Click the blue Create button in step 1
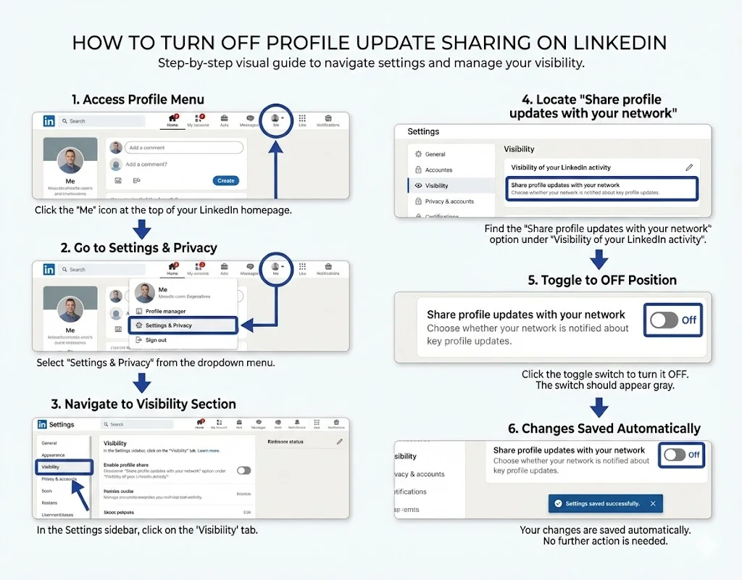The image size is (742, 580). (x=225, y=181)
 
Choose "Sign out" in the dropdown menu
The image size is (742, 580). (x=156, y=340)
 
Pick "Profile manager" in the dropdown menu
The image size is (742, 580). (x=165, y=311)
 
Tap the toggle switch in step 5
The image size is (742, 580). (x=664, y=320)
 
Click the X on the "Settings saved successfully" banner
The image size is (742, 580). (x=653, y=503)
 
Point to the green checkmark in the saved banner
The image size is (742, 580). (x=557, y=503)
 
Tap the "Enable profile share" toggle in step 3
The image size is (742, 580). (x=244, y=471)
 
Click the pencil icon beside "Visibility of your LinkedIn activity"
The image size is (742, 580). (x=689, y=167)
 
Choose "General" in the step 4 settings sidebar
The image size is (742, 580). (x=435, y=154)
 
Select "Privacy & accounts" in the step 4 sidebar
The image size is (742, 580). (x=449, y=202)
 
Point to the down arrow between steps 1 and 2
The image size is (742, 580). (x=143, y=230)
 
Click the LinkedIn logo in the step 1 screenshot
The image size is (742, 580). (x=49, y=121)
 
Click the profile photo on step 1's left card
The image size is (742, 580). (x=70, y=160)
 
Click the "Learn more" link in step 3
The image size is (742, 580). (x=209, y=450)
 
